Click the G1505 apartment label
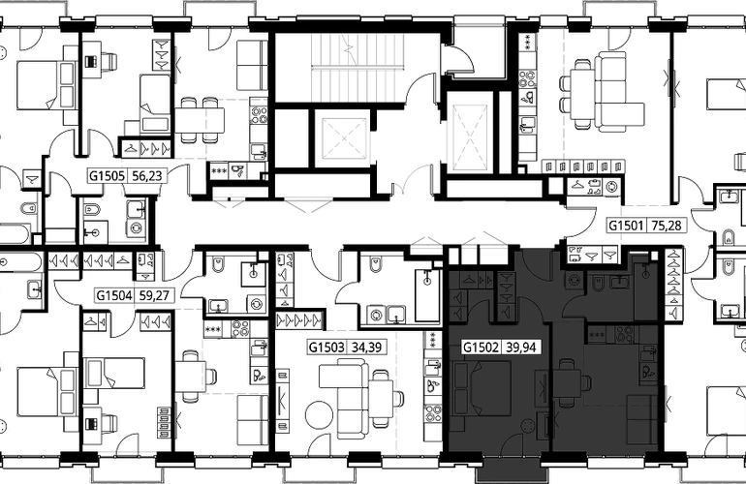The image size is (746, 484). coord(107,176)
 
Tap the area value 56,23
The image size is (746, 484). coord(147,176)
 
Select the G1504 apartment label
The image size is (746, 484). coord(114,296)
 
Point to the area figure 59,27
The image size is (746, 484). coord(154,296)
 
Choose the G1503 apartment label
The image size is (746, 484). coord(326,348)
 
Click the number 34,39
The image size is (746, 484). coord(366,348)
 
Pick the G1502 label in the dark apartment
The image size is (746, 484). coord(481,348)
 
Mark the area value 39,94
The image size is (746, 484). coord(521,348)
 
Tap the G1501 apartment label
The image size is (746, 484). coord(627,225)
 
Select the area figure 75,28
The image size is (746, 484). coord(667,225)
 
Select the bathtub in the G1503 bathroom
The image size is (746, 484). coord(426,296)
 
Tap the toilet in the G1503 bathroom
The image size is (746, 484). coord(375,264)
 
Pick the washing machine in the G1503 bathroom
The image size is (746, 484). coord(376,315)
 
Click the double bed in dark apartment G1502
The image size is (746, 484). coord(482,388)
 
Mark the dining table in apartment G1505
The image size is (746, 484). coord(200,120)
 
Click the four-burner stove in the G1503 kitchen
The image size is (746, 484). coord(433,412)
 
